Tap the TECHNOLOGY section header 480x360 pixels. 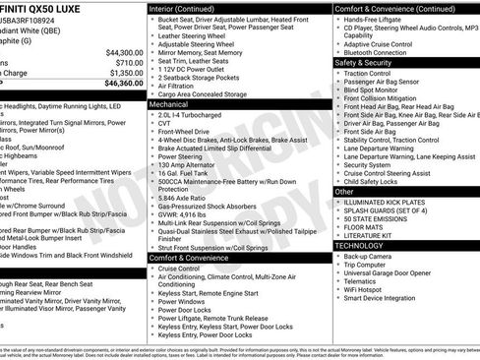(366, 245)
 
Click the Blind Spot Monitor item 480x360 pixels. (378, 90)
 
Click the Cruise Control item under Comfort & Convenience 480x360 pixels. (179, 268)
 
